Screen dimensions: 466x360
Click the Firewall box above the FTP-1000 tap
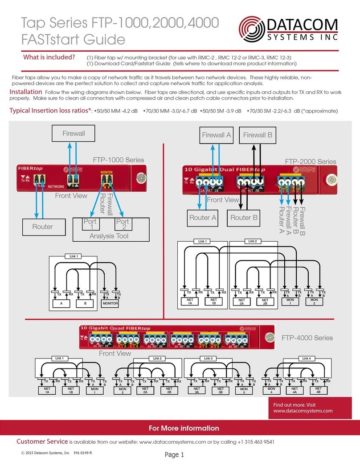[x=74, y=133]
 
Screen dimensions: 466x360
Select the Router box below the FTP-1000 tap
[x=42, y=227]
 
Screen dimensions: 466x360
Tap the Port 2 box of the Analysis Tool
[x=122, y=224]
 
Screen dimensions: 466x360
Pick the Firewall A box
[x=217, y=135]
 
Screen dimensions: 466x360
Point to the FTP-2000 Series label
[x=311, y=161]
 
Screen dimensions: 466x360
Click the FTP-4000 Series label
[x=307, y=338]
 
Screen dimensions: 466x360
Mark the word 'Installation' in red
[x=26, y=92]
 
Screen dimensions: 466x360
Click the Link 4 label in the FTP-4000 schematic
[x=307, y=358]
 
